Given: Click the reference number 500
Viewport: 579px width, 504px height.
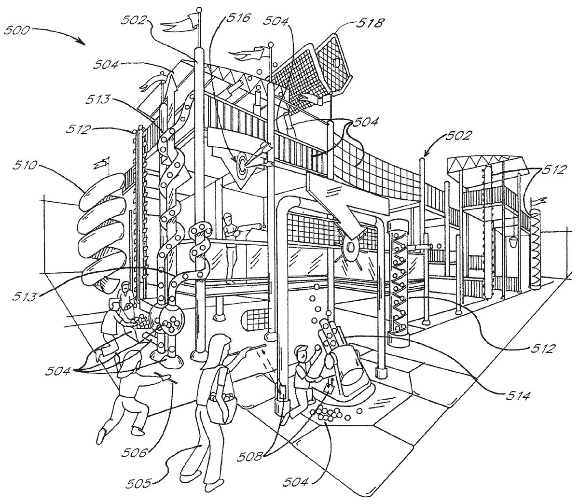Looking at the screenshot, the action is (16, 30).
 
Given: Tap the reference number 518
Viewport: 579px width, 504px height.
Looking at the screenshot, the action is (370, 24).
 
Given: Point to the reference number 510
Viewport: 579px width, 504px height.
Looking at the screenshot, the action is (25, 166).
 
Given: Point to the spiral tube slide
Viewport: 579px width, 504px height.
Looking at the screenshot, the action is (102, 229).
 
